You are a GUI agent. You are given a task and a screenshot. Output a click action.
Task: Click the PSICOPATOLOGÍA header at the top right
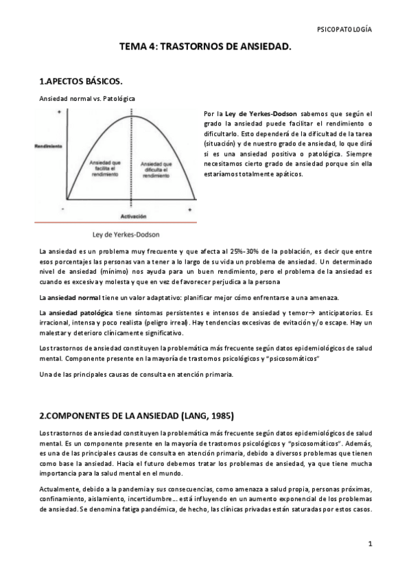tap(345, 30)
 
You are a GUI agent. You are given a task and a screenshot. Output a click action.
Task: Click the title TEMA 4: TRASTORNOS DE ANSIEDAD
tap(206, 47)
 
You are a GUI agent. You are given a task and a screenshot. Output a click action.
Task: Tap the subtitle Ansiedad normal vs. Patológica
tap(86, 99)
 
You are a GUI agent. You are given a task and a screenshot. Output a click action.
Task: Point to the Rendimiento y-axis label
tap(49, 146)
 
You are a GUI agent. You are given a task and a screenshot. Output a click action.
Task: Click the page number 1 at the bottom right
tap(369, 544)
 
